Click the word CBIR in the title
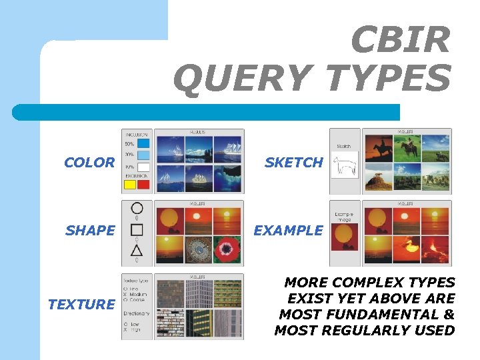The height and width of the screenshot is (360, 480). (400, 41)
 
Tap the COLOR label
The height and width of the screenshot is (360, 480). (89, 162)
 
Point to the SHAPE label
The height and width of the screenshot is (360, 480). (90, 231)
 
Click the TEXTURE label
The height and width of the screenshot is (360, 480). (81, 305)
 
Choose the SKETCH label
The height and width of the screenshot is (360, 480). (293, 162)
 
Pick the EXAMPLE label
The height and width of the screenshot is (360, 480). (288, 231)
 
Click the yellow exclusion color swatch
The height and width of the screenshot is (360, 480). (130, 185)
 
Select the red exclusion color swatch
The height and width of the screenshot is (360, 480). (143, 185)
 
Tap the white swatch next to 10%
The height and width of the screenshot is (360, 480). (143, 167)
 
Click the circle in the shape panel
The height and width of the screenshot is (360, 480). (137, 208)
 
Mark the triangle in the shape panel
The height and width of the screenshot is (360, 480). (137, 251)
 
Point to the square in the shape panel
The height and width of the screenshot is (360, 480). (137, 229)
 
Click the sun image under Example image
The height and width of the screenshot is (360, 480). (345, 237)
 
